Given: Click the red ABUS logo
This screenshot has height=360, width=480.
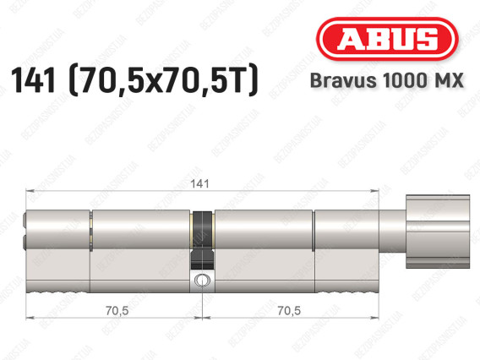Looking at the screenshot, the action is (x=387, y=39).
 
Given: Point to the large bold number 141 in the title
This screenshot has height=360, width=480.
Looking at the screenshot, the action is (x=33, y=80).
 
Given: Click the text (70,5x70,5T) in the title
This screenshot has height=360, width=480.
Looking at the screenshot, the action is (x=164, y=81).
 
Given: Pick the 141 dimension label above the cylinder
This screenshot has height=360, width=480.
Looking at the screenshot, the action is (x=199, y=183).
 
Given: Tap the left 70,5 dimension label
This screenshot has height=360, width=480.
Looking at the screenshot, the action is (x=117, y=311).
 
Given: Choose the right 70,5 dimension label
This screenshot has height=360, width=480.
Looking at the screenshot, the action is (x=289, y=311).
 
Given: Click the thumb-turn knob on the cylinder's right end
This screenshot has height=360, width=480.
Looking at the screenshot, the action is (x=438, y=232).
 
